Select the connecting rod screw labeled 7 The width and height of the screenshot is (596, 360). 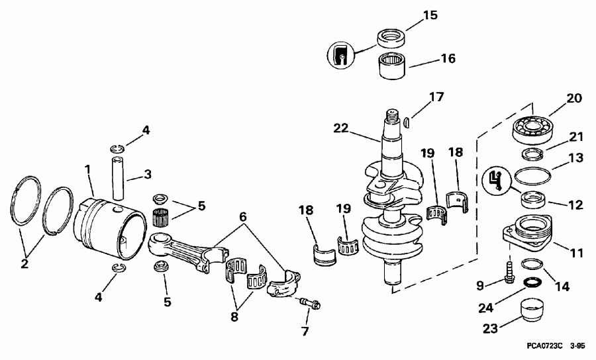coord(310,304)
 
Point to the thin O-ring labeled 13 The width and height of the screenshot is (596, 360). coord(532,177)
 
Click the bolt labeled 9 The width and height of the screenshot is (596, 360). coord(509,271)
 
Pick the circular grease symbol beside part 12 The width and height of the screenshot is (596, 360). coord(499,179)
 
